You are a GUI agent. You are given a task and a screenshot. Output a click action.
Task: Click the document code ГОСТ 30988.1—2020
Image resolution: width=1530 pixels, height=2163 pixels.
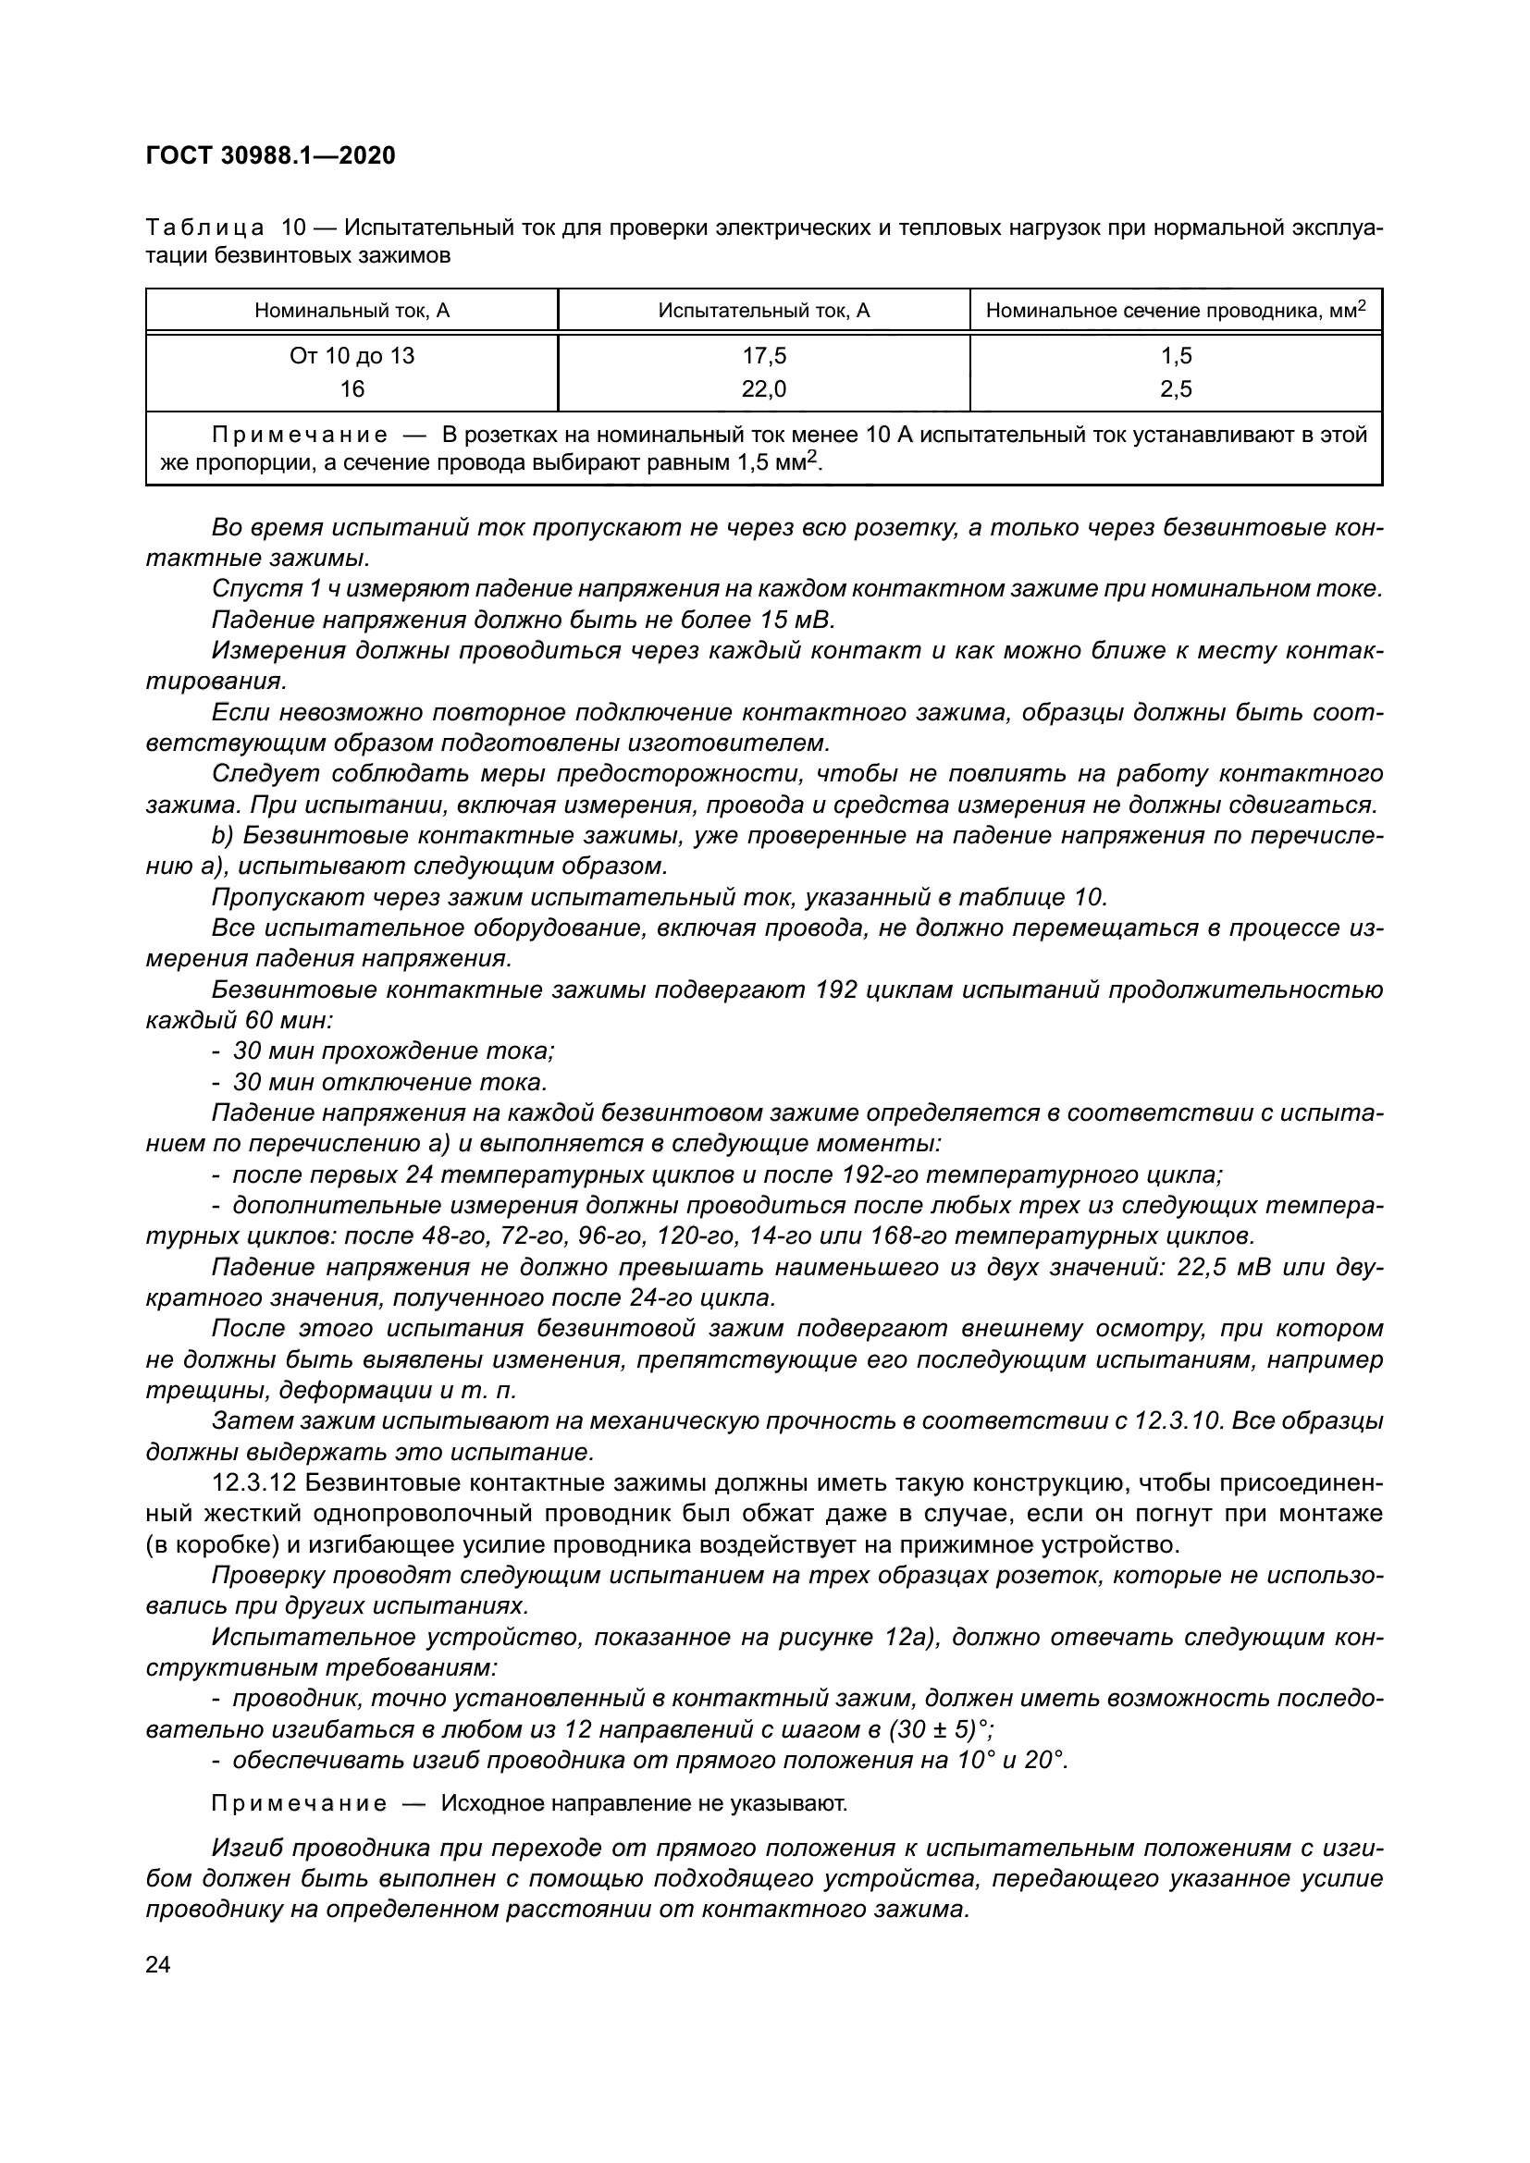[x=270, y=156]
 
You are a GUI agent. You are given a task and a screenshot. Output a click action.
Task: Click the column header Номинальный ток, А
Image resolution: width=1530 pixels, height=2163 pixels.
[x=352, y=311]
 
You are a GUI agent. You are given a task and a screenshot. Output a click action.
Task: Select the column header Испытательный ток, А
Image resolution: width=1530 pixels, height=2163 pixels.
[x=763, y=311]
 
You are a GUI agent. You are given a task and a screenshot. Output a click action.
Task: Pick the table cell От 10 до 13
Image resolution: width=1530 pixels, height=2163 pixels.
[x=352, y=356]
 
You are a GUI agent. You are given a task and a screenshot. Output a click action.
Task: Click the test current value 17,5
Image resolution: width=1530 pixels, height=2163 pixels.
[x=763, y=356]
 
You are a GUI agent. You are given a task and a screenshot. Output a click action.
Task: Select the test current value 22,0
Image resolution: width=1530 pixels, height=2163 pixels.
[x=763, y=389]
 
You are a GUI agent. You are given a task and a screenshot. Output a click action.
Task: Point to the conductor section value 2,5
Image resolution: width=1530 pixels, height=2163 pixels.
[x=1176, y=389]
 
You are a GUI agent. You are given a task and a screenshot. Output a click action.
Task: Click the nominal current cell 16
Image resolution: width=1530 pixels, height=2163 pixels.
[x=352, y=389]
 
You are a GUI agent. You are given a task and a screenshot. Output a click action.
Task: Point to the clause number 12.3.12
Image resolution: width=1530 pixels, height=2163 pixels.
[x=254, y=1483]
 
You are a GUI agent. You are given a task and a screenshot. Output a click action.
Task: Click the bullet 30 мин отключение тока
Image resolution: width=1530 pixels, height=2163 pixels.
[x=389, y=1083]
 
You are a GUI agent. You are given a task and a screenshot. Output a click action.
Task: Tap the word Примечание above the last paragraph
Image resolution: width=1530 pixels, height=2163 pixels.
[x=299, y=1804]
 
